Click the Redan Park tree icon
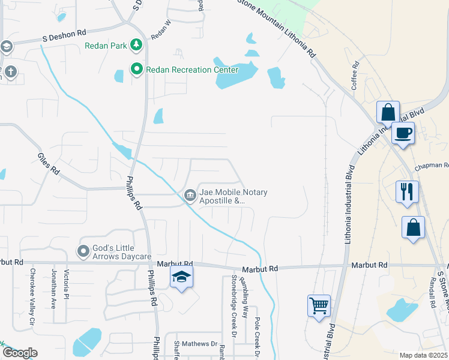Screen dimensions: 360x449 [x=137, y=45]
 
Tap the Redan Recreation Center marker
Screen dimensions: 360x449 [x=137, y=70]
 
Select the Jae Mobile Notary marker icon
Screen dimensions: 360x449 [x=190, y=194]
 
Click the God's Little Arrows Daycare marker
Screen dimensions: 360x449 [x=83, y=250]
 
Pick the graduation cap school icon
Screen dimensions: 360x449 [x=181, y=277]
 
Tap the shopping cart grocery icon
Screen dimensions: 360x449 [x=319, y=305]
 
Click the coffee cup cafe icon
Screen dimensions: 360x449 [x=403, y=133]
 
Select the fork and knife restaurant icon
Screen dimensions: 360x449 [x=407, y=191]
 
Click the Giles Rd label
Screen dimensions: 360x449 [x=49, y=163]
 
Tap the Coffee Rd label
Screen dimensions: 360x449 [x=355, y=76]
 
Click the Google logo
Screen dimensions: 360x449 [x=20, y=353]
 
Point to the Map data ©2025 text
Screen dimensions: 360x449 [x=423, y=355]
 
